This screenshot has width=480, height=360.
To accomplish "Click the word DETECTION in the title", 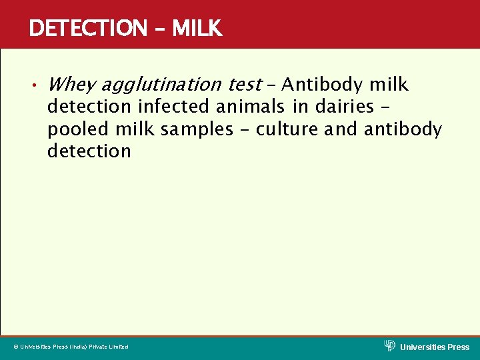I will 87,28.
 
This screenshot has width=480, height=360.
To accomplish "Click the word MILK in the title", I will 197,28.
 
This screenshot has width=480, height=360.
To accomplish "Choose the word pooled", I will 75,129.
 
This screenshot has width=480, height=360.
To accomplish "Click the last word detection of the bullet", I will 89,151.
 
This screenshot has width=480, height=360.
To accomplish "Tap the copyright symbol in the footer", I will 16,347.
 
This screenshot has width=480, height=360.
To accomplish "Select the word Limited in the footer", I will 117,347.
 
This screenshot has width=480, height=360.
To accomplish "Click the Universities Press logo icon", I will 390,345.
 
